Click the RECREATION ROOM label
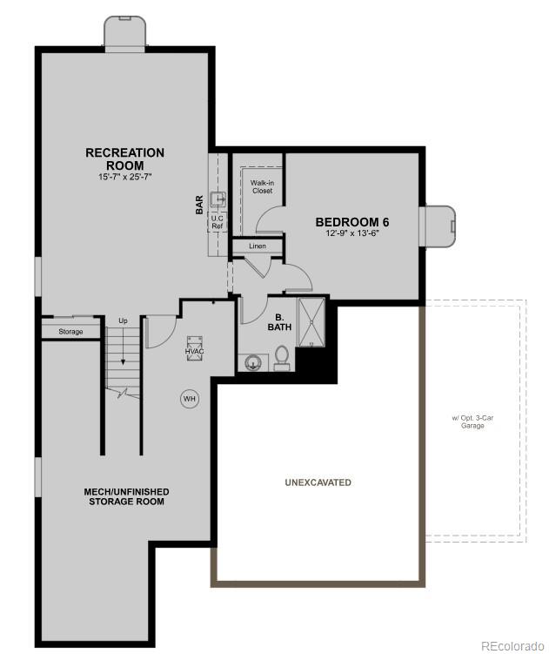pyautogui.click(x=124, y=158)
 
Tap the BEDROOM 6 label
pyautogui.click(x=351, y=222)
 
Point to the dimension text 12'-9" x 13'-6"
pyautogui.click(x=351, y=234)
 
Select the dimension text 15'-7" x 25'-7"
pyautogui.click(x=124, y=177)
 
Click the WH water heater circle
pyautogui.click(x=189, y=399)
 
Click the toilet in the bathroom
pyautogui.click(x=282, y=358)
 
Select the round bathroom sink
pyautogui.click(x=253, y=361)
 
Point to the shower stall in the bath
pyautogui.click(x=311, y=322)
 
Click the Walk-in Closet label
pyautogui.click(x=262, y=186)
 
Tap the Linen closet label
pyautogui.click(x=257, y=246)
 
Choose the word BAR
pyautogui.click(x=199, y=206)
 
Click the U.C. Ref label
pyautogui.click(x=218, y=222)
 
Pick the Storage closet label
pyautogui.click(x=70, y=332)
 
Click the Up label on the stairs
pyautogui.click(x=123, y=321)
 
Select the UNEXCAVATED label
pyautogui.click(x=318, y=482)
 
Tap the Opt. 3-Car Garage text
pyautogui.click(x=472, y=422)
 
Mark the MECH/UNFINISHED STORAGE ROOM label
pyautogui.click(x=126, y=496)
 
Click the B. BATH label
pyautogui.click(x=281, y=322)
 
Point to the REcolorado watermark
pyautogui.click(x=512, y=645)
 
